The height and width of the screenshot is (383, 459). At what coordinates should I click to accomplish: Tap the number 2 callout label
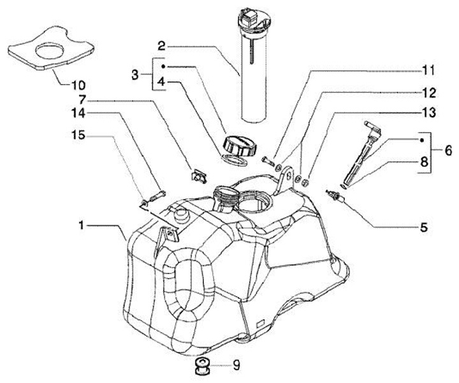coord(162,46)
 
